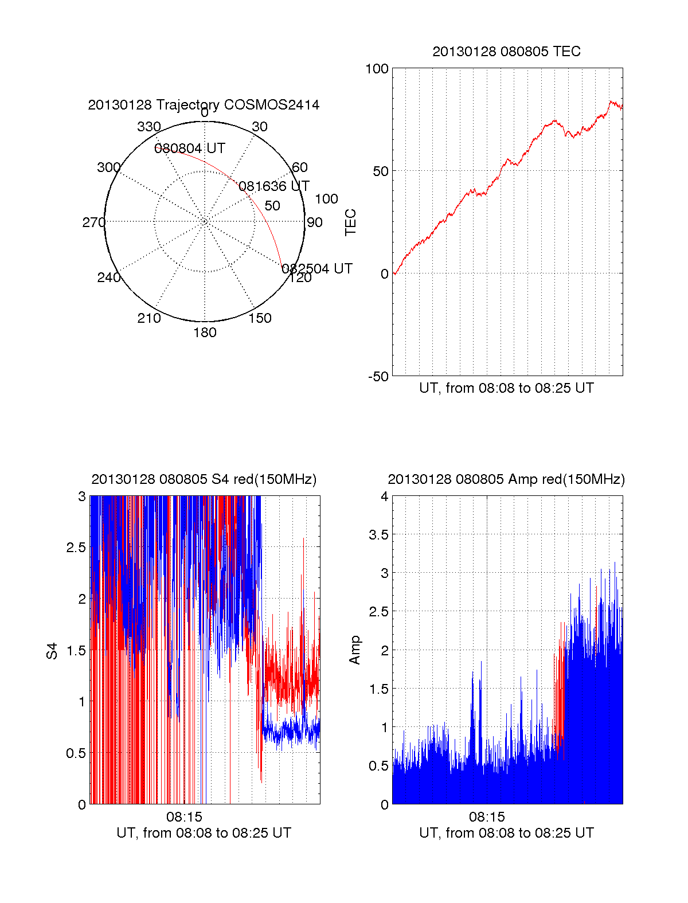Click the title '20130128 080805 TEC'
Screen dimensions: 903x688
tap(506, 52)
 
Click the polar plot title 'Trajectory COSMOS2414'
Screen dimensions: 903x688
tap(204, 105)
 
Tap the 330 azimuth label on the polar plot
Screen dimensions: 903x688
tap(148, 127)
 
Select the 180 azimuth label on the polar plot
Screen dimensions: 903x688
tap(205, 333)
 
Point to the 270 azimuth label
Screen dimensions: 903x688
tap(93, 222)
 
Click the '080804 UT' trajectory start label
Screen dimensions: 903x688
tap(190, 148)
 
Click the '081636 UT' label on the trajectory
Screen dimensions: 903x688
tap(274, 186)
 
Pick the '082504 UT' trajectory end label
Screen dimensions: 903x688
tap(317, 269)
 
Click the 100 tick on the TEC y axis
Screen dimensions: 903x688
tap(377, 69)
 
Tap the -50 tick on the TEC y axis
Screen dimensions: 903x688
tap(378, 377)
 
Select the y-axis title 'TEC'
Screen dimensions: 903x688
tap(351, 222)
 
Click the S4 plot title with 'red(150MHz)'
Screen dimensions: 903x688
tap(204, 479)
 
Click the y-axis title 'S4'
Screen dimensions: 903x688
tap(53, 651)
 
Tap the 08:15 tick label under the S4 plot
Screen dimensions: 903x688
tap(184, 816)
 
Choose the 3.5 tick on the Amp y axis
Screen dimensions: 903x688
tap(377, 535)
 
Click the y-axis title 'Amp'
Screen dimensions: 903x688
tap(355, 650)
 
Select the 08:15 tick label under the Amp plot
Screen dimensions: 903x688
tap(487, 816)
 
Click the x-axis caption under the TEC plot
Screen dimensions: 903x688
tap(506, 388)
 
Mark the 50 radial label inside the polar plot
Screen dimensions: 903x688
tap(272, 206)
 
